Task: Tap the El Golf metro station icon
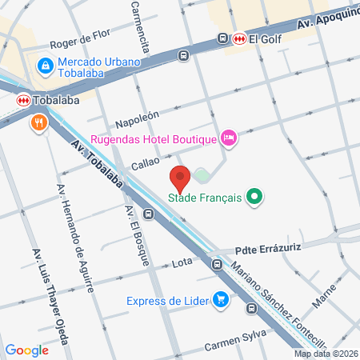(239, 38)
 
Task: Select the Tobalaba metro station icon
(24, 100)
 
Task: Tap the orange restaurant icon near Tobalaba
(38, 123)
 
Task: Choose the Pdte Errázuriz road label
(267, 249)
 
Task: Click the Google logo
(26, 350)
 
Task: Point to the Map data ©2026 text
(326, 354)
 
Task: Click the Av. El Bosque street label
(137, 235)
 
